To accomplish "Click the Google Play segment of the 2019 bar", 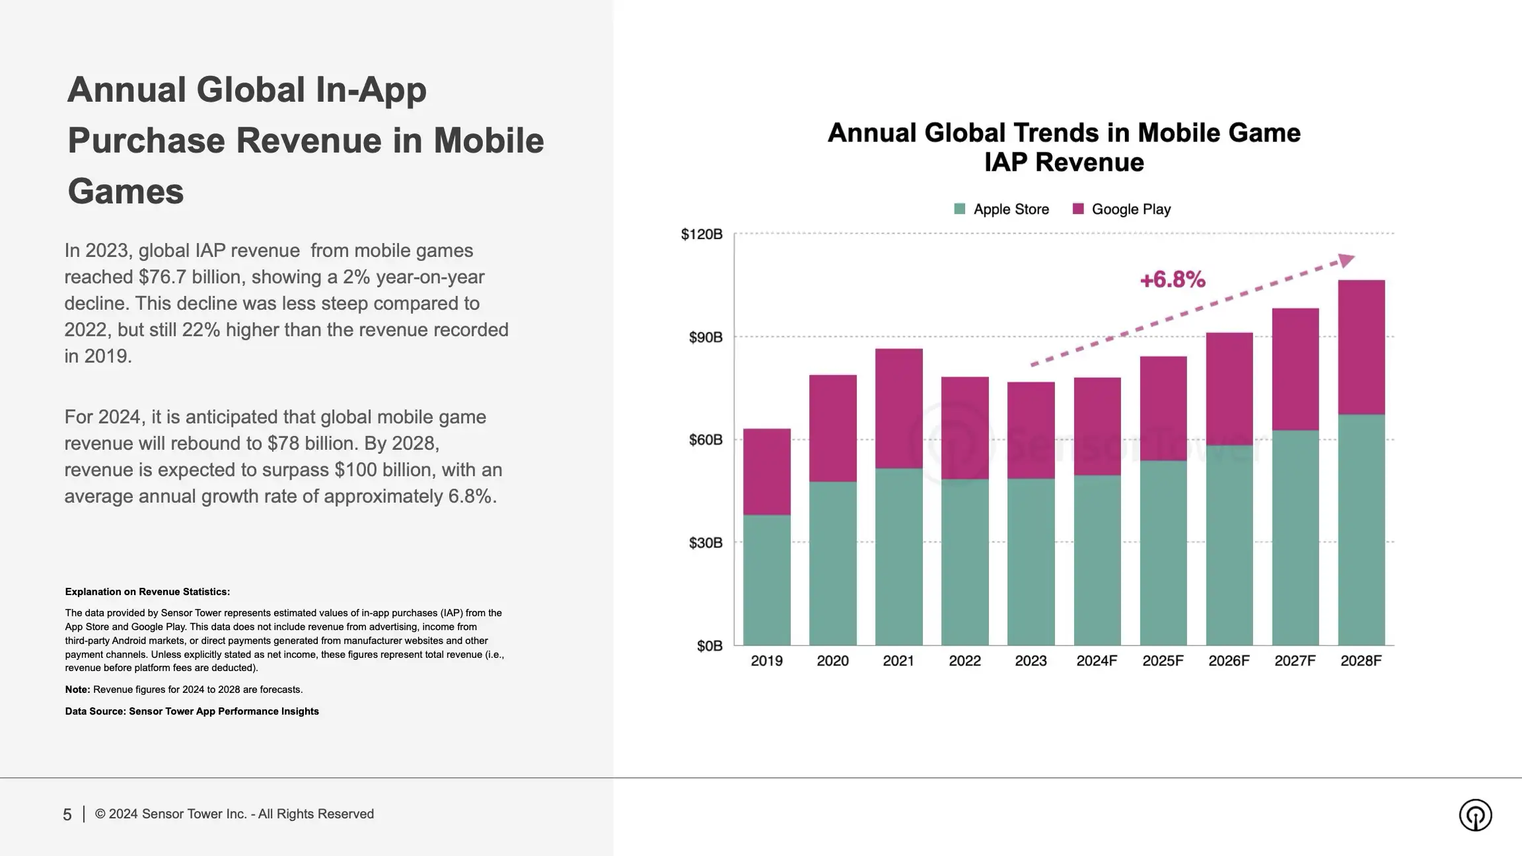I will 766,472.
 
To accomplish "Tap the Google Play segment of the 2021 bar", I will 898,408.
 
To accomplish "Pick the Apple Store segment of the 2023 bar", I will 1031,561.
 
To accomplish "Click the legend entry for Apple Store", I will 1001,209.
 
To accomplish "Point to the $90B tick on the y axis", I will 706,338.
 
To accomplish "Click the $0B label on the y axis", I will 709,646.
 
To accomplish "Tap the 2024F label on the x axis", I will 1097,661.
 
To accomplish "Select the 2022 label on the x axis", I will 964,661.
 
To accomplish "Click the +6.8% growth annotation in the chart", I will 1173,280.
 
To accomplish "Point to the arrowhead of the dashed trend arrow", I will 1346,260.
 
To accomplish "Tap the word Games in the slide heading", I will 126,192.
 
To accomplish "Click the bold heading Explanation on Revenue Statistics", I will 147,592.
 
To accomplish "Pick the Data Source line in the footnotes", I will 192,711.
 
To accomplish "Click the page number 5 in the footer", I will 67,815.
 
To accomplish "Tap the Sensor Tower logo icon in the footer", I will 1475,815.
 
